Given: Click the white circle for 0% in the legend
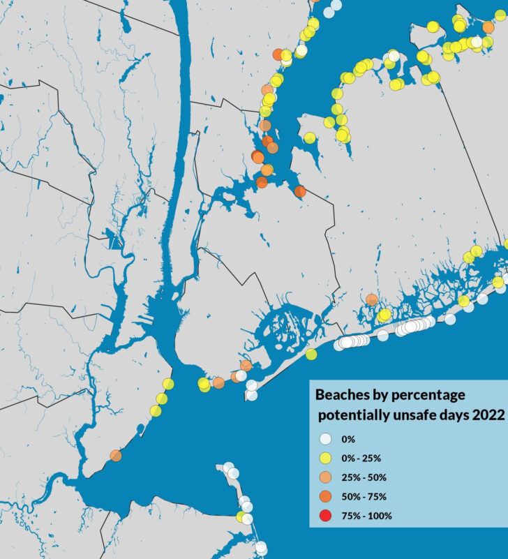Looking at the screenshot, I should click(326, 440).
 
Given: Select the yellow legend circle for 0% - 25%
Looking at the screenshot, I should click(326, 459).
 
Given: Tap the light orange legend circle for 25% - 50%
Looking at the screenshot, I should click(326, 478).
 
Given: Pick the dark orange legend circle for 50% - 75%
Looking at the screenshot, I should click(326, 497).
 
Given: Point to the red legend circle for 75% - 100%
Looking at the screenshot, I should click(326, 516).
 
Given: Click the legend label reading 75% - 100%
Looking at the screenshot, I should click(366, 516).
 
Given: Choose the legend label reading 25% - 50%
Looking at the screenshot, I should click(363, 478).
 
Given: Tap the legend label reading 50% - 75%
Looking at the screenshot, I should click(363, 497).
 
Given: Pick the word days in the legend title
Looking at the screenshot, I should click(453, 415).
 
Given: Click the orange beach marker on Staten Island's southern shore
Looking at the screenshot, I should click(116, 456).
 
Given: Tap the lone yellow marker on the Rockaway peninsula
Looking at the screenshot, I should click(311, 355).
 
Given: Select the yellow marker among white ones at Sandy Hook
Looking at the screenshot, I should click(241, 517).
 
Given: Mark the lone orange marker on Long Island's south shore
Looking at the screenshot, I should click(372, 300).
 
